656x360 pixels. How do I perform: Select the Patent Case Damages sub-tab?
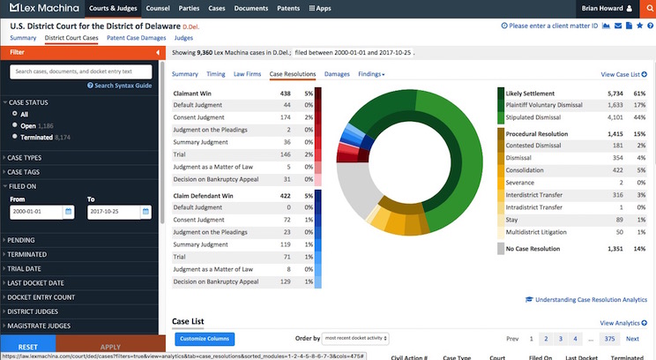[x=136, y=39]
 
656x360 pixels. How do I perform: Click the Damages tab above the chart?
[x=337, y=75]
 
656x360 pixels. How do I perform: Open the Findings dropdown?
[x=371, y=75]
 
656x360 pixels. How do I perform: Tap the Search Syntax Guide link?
[x=122, y=86]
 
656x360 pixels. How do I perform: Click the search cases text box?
[x=82, y=71]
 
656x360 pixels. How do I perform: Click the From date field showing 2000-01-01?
[x=35, y=213]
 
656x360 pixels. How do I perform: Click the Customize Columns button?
[x=205, y=339]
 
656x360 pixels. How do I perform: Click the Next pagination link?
[x=632, y=339]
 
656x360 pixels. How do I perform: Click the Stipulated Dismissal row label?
[x=542, y=116]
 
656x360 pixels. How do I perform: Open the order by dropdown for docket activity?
[x=356, y=339]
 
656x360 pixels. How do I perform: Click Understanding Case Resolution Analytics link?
[x=591, y=299]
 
